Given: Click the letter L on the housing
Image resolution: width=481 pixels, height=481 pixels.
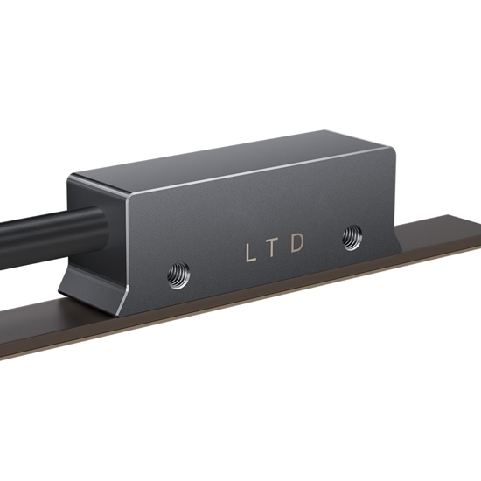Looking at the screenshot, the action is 251,253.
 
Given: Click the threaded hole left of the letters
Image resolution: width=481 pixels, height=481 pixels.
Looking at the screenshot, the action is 178,275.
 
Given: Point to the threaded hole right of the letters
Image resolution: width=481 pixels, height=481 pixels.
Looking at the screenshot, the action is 352,237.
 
